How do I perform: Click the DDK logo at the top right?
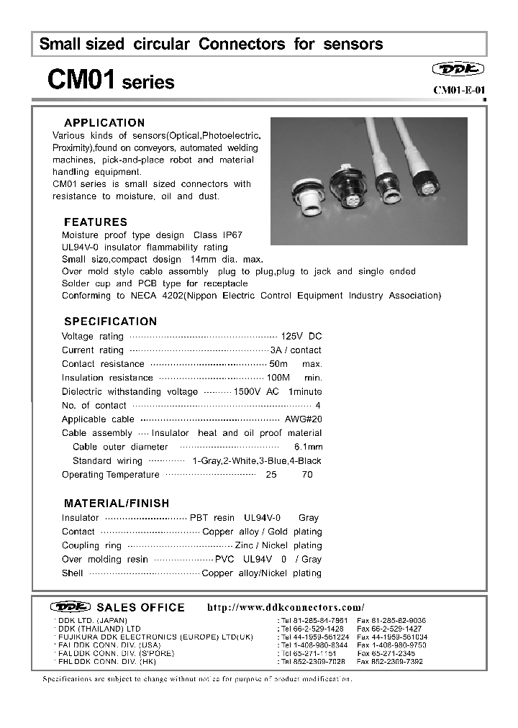[458, 69]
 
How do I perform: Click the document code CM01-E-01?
[459, 90]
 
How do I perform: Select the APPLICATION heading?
[104, 123]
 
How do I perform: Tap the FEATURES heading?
[96, 222]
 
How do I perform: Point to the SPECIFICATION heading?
[110, 322]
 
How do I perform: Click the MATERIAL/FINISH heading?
[117, 504]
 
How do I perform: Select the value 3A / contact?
[296, 350]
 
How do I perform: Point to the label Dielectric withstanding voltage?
[129, 392]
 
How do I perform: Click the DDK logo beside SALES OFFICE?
[71, 606]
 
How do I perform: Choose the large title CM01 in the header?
[81, 79]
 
